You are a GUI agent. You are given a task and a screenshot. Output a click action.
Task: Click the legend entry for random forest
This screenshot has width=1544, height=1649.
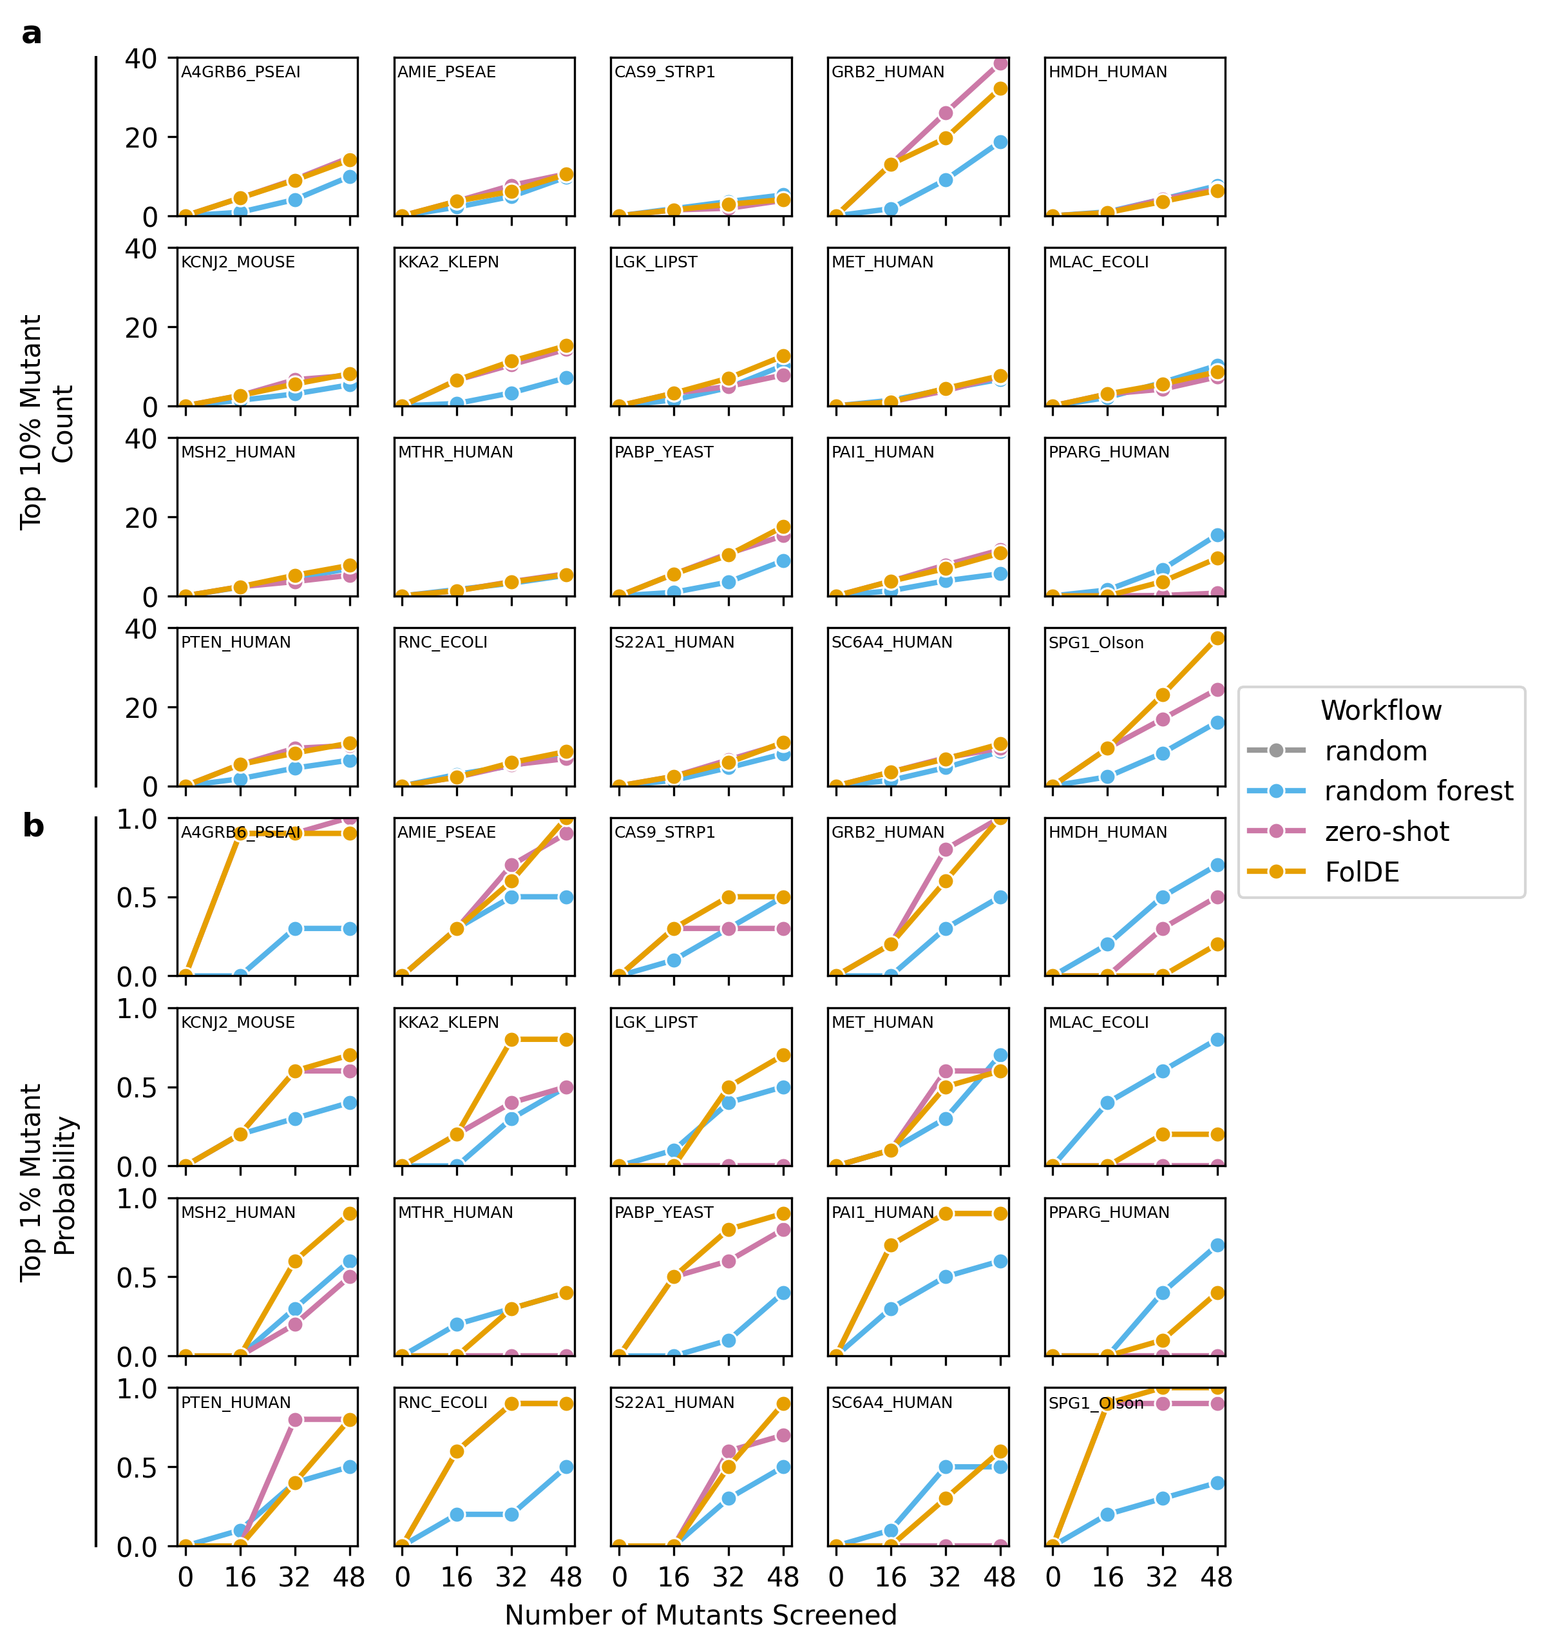(x=1417, y=791)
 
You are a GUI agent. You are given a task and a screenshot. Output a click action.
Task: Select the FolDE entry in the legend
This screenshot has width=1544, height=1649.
(x=1362, y=872)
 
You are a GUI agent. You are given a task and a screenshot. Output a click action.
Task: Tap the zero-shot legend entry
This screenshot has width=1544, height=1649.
(x=1386, y=831)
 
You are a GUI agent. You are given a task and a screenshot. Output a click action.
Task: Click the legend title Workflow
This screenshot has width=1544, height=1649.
(x=1380, y=711)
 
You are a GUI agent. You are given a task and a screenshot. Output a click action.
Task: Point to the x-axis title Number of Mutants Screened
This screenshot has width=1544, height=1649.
(x=701, y=1615)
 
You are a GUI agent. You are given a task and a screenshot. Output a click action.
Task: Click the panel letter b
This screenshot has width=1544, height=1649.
(x=32, y=826)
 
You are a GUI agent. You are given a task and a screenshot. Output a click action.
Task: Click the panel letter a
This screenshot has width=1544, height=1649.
(x=32, y=34)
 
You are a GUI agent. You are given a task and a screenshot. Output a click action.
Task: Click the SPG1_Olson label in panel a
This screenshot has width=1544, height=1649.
(x=1096, y=643)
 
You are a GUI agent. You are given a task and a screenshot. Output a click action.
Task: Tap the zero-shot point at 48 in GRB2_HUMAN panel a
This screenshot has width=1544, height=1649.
(x=1000, y=63)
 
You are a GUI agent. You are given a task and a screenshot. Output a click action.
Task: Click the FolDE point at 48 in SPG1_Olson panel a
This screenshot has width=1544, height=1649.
(x=1217, y=639)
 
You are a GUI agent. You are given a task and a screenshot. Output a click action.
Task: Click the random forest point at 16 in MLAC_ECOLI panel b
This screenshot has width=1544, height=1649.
(x=1108, y=1103)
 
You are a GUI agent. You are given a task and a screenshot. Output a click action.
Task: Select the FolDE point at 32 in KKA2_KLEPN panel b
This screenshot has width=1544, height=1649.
(x=511, y=1040)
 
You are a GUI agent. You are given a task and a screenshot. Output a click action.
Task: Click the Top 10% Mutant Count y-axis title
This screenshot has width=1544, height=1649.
(x=46, y=422)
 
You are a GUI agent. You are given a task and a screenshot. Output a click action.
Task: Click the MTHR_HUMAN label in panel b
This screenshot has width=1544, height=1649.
(x=455, y=1213)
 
